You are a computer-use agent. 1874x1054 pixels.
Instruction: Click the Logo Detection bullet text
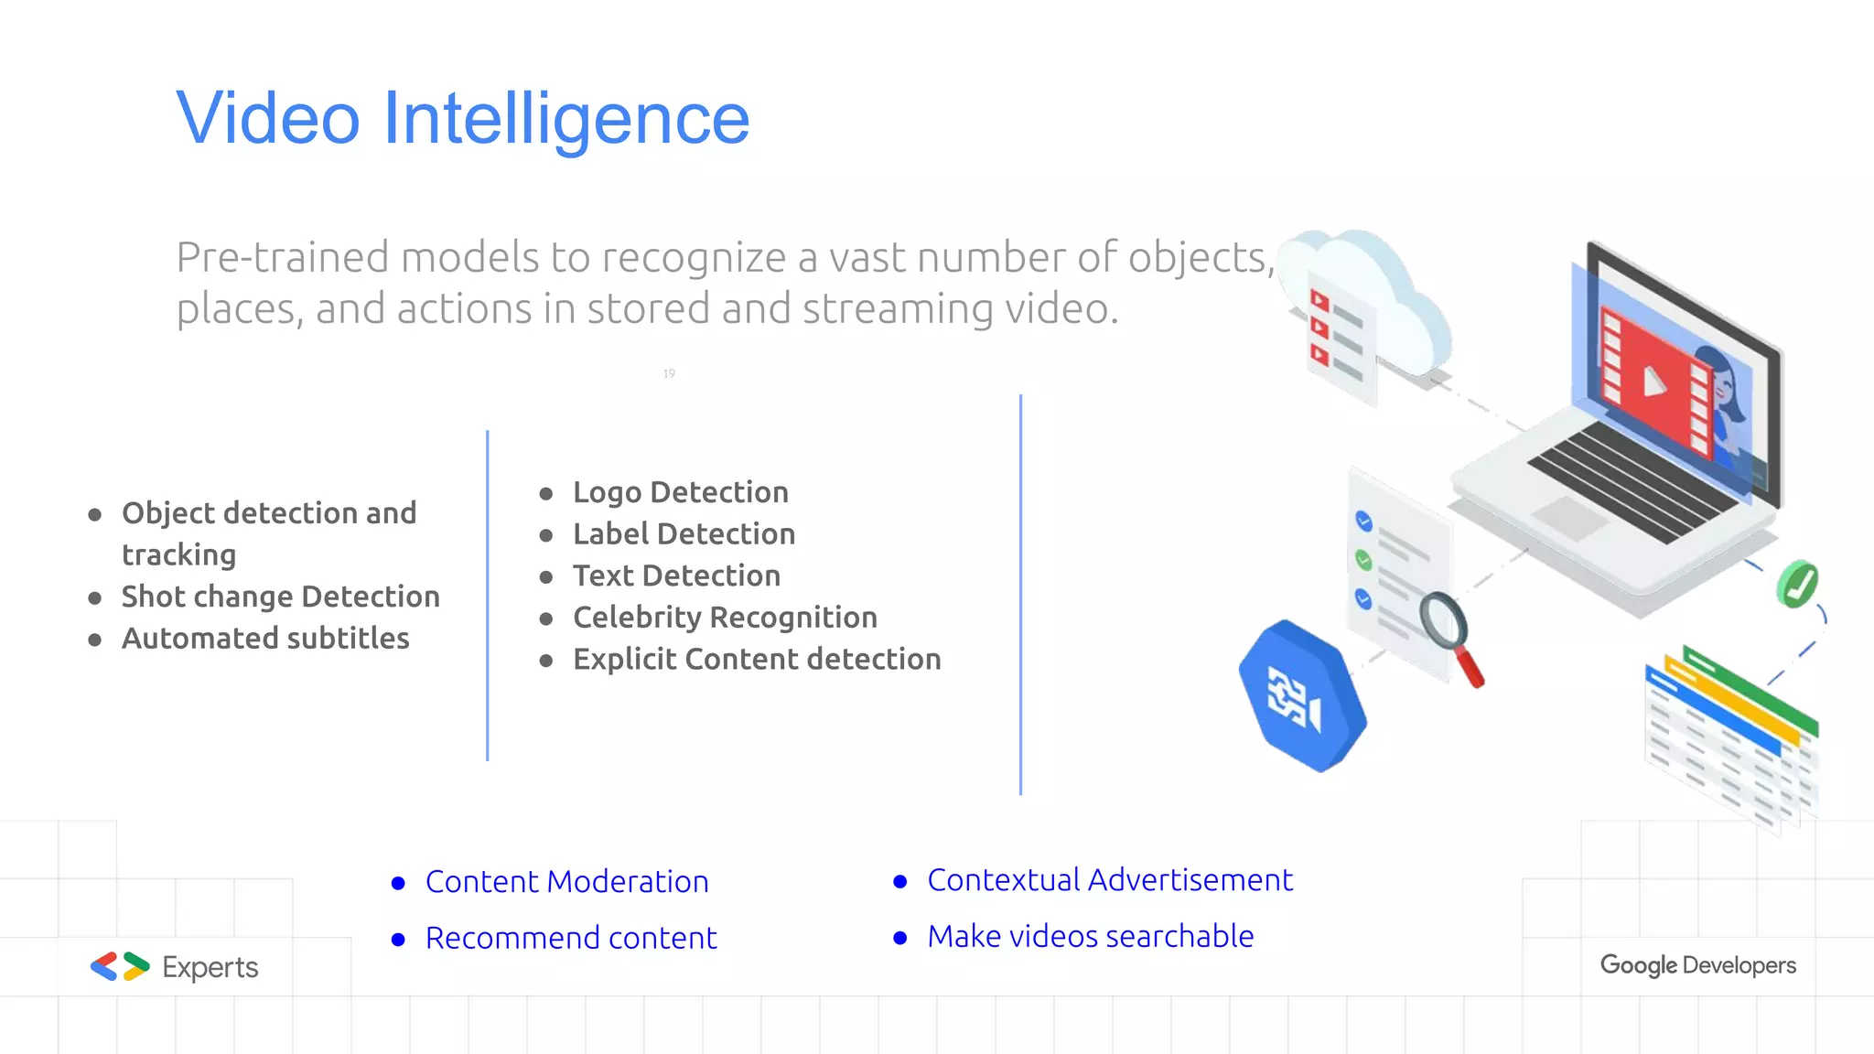point(680,492)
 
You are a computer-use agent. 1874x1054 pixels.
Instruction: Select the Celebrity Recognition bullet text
point(725,618)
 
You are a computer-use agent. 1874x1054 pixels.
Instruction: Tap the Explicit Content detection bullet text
point(757,660)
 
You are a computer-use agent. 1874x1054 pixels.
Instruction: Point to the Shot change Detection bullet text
point(280,597)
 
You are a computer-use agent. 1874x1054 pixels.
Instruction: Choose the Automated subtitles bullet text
point(265,639)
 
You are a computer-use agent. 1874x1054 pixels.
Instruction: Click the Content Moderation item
point(566,882)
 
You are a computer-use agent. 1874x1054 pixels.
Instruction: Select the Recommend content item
point(571,939)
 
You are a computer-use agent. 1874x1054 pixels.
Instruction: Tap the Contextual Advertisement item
point(1109,880)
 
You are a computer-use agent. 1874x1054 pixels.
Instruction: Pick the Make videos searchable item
point(1090,937)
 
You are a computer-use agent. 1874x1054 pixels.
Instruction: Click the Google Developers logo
point(1697,965)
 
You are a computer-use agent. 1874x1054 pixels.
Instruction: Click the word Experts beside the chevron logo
point(210,968)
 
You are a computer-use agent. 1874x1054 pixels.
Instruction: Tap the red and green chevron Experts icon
point(120,966)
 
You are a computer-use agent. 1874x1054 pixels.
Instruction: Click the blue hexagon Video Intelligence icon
point(1302,696)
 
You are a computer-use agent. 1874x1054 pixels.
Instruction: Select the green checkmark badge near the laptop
point(1797,584)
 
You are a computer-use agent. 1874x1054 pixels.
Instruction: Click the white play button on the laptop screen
point(1653,381)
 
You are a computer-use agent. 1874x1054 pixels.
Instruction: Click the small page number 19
point(669,373)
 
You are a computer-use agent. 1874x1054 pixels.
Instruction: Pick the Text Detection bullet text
point(676,576)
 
